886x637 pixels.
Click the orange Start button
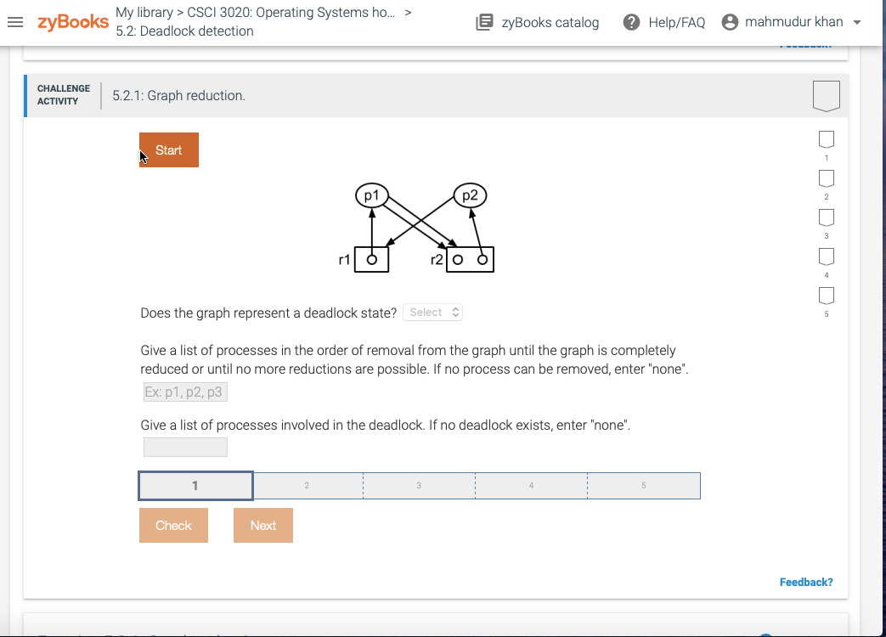[169, 150]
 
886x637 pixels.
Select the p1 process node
[371, 195]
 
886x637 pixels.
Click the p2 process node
[471, 195]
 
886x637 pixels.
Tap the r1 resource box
[371, 260]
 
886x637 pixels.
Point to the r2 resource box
[470, 260]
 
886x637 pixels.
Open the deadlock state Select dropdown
[433, 313]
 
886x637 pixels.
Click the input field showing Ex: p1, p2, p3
[185, 392]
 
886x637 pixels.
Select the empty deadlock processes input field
[185, 447]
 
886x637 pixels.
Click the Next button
[262, 526]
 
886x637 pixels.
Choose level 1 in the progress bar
[195, 486]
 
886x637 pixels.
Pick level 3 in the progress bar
[419, 486]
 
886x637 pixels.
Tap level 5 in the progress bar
[643, 486]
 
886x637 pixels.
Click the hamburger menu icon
[15, 23]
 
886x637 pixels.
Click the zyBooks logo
[73, 22]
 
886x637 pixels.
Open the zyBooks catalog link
[538, 23]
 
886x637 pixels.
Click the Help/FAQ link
[664, 23]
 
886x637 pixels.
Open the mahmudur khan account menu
[791, 23]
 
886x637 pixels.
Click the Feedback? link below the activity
[805, 582]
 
